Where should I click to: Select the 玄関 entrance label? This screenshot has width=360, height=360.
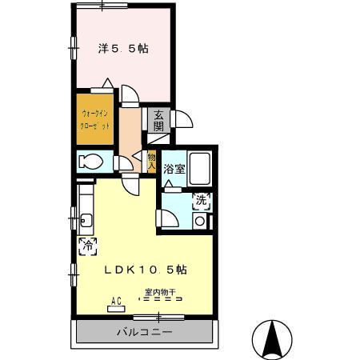click(x=158, y=119)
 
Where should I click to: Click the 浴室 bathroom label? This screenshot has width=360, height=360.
click(x=174, y=169)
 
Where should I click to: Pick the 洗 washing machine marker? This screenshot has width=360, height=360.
click(x=202, y=201)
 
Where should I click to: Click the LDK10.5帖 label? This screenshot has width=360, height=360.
click(x=146, y=270)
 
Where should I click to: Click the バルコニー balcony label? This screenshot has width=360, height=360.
click(x=145, y=332)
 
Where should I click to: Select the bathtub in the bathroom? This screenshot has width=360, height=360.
click(x=201, y=168)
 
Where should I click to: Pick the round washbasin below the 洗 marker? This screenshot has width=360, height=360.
click(x=199, y=218)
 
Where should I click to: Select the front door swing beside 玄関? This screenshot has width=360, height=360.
click(x=182, y=119)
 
